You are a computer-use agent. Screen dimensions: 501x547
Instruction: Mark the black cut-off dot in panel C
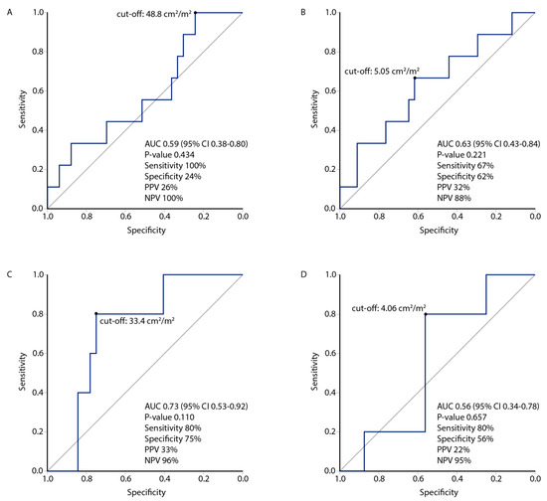coord(95,314)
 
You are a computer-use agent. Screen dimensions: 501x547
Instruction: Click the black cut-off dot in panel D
coord(426,314)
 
